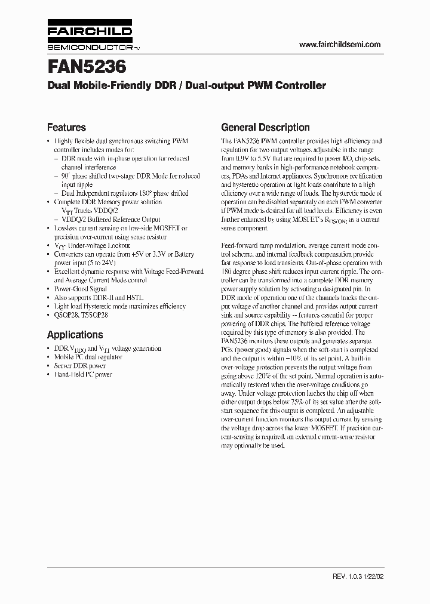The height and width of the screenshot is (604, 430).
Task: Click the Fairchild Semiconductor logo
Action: pyautogui.click(x=90, y=37)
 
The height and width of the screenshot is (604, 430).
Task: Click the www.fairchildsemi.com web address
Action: pyautogui.click(x=339, y=45)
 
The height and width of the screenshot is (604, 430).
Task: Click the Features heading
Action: pyautogui.click(x=66, y=127)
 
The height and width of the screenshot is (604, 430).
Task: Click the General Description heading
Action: pyautogui.click(x=265, y=127)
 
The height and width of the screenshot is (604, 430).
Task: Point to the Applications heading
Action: pyautogui.click(x=75, y=335)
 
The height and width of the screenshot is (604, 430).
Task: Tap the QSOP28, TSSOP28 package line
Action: pyautogui.click(x=87, y=315)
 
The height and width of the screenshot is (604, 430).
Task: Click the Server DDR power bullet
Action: pyautogui.click(x=79, y=366)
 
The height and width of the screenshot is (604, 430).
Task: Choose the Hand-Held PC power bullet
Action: pyautogui.click(x=83, y=375)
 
